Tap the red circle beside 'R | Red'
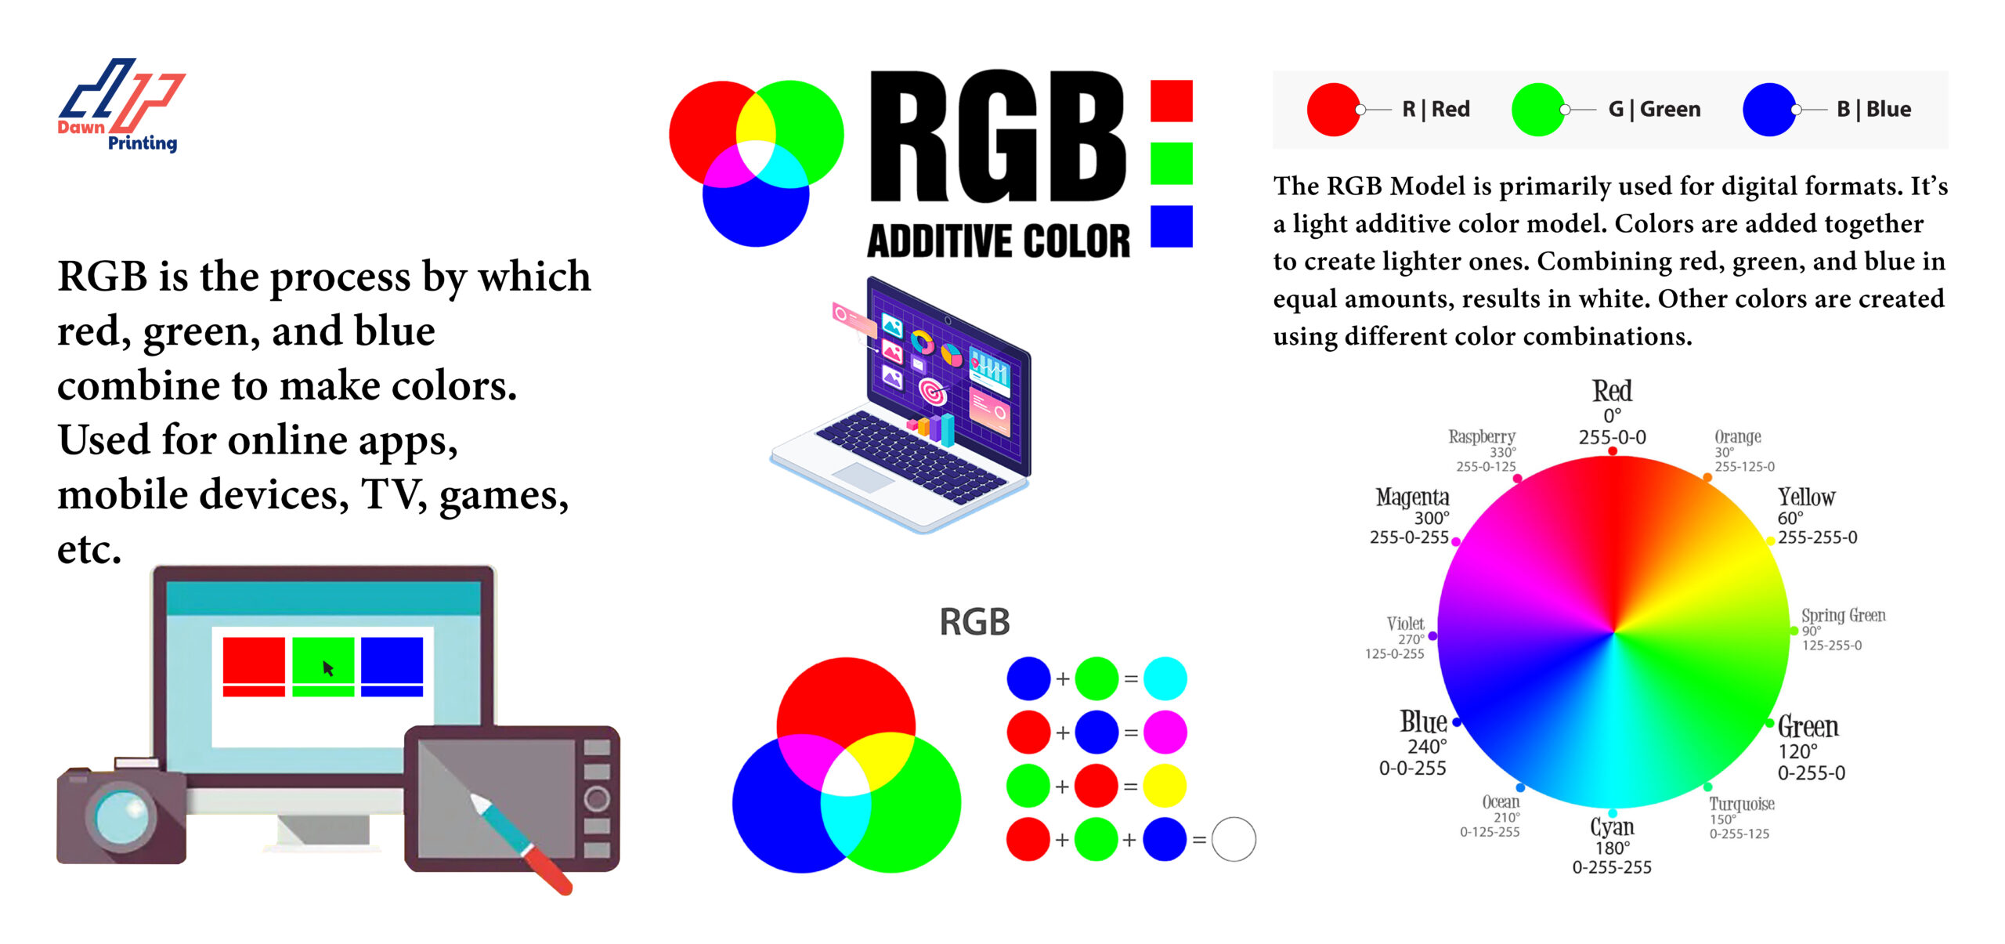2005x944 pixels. coord(1333,110)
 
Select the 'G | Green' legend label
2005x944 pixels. coord(1654,110)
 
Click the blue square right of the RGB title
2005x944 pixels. coord(1172,226)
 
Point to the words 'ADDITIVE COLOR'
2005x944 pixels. coord(999,241)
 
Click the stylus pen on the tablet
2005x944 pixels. coord(521,842)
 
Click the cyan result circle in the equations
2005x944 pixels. coord(1165,678)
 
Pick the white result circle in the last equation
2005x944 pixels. coord(1234,840)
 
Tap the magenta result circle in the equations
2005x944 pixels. coord(1165,732)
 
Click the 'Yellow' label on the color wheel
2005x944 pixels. coord(1806,497)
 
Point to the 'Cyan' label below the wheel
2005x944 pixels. coord(1612,827)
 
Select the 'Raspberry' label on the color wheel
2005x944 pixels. coord(1482,436)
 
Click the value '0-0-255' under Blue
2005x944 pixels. coord(1412,769)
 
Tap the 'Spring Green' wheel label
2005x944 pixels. coord(1843,616)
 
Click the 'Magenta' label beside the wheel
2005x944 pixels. coord(1412,497)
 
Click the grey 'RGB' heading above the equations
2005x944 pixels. coord(974,623)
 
